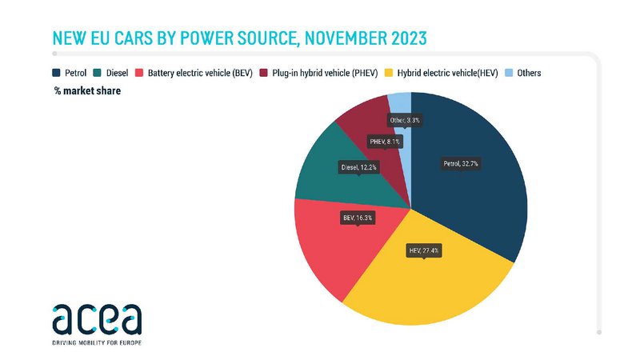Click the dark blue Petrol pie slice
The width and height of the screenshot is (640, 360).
(480, 192)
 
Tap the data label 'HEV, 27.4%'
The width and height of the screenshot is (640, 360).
(424, 250)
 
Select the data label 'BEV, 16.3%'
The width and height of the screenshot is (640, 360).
(358, 217)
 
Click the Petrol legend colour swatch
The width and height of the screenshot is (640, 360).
(57, 73)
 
